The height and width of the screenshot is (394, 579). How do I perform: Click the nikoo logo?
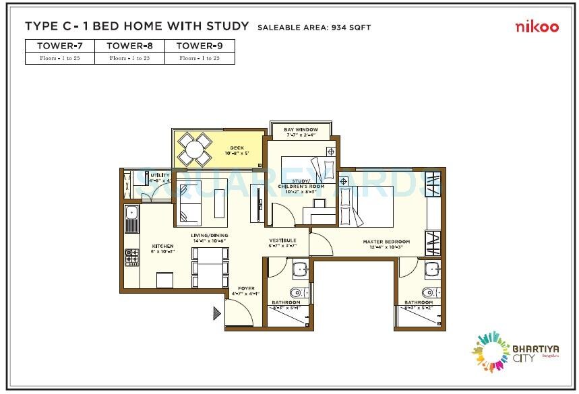coord(537,27)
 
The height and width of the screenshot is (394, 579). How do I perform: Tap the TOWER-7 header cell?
coord(60,46)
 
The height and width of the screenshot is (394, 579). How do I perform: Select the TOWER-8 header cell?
coord(130,46)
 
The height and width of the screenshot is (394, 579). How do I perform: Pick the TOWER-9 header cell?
coord(200,46)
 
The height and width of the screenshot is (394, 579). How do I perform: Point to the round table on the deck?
coord(195,150)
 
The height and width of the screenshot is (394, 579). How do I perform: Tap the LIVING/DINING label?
coord(209,235)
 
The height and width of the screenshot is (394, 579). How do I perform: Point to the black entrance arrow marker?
coord(217,313)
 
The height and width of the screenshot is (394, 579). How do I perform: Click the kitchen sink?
coord(132,216)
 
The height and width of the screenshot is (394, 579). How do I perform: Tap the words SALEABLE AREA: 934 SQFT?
coord(313,28)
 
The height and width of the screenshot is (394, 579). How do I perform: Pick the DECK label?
coord(236,148)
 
